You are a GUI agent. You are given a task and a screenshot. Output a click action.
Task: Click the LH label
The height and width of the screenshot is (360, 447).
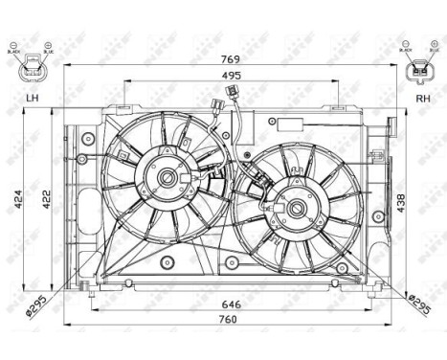(x=33, y=98)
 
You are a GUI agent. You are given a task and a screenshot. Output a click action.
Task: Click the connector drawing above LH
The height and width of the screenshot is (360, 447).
(x=33, y=64)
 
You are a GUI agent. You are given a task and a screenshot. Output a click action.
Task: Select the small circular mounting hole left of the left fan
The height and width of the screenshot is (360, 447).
(x=82, y=157)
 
